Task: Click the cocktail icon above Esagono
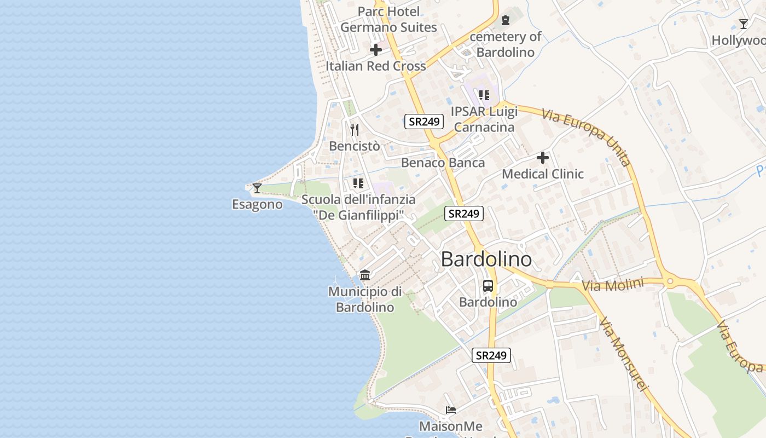click(x=257, y=188)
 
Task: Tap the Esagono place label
click(x=257, y=205)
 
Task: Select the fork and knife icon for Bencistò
click(x=355, y=130)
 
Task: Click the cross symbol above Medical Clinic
click(x=543, y=158)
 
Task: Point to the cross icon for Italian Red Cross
click(x=376, y=50)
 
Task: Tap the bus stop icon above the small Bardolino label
click(x=488, y=286)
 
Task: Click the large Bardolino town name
click(x=486, y=260)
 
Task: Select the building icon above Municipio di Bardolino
click(x=365, y=275)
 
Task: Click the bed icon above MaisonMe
click(x=450, y=410)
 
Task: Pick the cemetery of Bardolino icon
click(x=506, y=20)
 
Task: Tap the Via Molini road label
click(x=608, y=285)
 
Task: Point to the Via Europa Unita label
click(x=587, y=137)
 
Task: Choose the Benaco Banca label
click(x=443, y=163)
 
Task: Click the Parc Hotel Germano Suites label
click(x=388, y=19)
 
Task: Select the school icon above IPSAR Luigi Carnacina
click(x=484, y=95)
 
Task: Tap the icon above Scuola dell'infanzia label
click(x=358, y=183)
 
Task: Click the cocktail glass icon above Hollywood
click(x=744, y=24)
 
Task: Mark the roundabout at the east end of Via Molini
click(x=670, y=282)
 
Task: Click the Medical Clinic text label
click(x=543, y=174)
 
